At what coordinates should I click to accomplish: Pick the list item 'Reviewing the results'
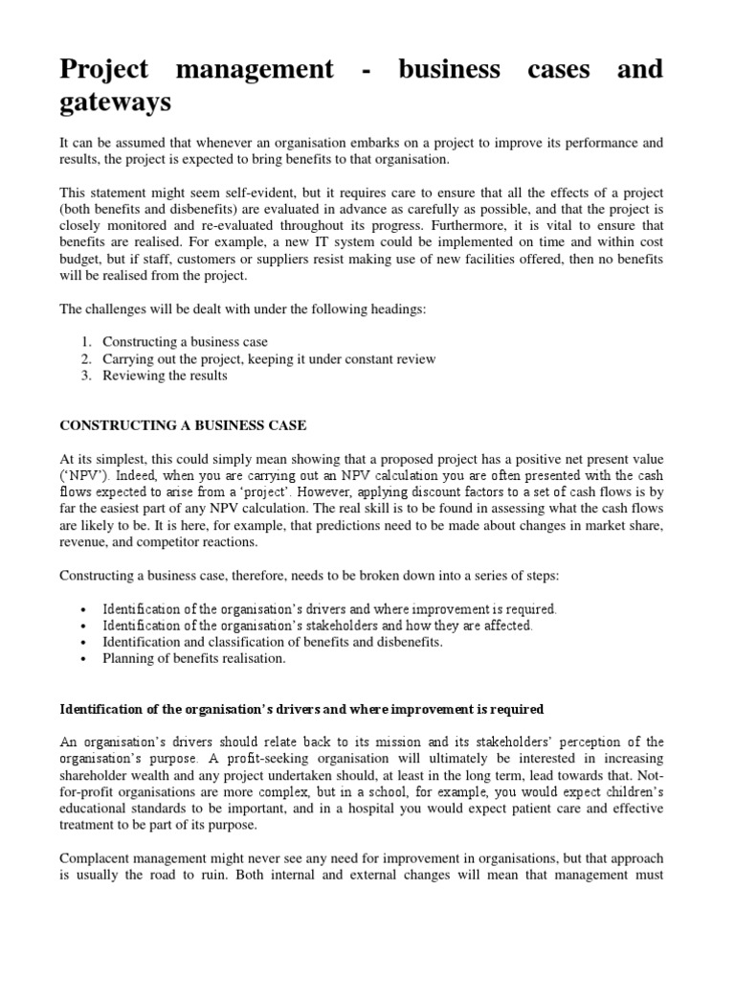pyautogui.click(x=165, y=376)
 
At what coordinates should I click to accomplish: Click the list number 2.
pyautogui.click(x=86, y=359)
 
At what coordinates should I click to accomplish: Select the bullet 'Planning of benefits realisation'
pyautogui.click(x=194, y=658)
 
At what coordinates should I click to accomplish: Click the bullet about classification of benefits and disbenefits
pyautogui.click(x=272, y=642)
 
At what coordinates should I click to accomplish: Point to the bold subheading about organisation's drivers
pyautogui.click(x=301, y=709)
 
